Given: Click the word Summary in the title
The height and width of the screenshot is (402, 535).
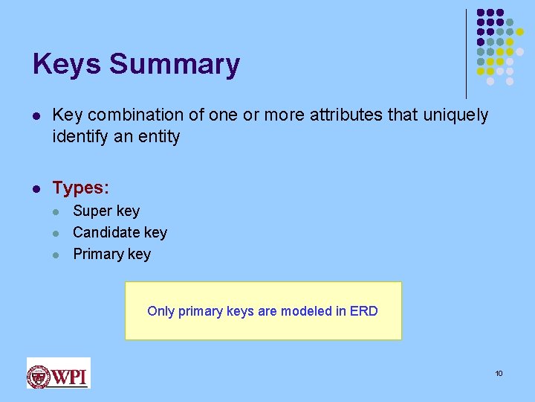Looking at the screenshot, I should [x=175, y=65].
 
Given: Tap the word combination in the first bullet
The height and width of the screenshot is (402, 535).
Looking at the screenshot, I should [x=127, y=115].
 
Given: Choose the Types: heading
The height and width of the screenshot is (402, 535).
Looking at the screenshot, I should [x=80, y=188].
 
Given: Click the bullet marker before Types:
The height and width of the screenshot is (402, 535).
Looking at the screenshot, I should [x=37, y=188].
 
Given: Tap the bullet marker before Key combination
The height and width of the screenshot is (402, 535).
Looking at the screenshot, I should [x=37, y=115].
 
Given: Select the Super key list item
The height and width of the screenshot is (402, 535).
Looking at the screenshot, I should [x=106, y=211].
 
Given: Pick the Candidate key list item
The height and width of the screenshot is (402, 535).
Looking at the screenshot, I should [x=120, y=233].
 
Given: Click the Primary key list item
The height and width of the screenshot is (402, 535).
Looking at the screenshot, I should [x=111, y=255].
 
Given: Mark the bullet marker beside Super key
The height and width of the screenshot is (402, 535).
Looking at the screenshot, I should [x=58, y=211].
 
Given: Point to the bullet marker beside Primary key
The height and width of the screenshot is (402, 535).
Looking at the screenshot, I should [x=58, y=255].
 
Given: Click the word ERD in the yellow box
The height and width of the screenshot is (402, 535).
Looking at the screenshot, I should [x=364, y=311].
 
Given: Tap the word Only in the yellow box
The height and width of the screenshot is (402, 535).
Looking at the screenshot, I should [x=160, y=311].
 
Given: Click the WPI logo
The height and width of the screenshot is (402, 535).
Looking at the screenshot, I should [x=58, y=373].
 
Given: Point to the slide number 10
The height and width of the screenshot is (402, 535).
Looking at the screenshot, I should [x=499, y=373].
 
